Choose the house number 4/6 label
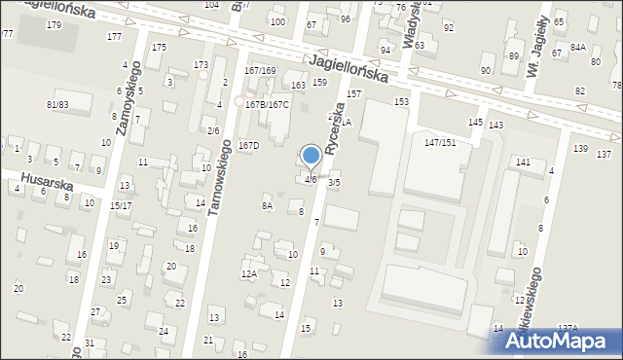pos(310,180)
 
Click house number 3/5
pos(334,182)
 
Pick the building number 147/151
pos(440,142)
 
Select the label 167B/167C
pos(267,104)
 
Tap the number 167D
pos(249,146)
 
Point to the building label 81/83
pos(57,104)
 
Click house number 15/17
pos(121,205)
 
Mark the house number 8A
pos(267,205)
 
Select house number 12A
pos(249,274)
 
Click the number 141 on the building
pos(524,162)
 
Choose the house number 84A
pos(577,48)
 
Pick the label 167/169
pos(260,71)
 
